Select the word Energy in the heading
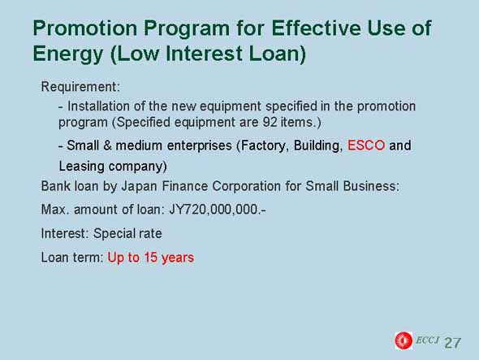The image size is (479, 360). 68,54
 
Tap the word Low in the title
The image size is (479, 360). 138,53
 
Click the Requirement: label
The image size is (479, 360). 80,87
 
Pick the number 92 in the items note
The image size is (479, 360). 270,122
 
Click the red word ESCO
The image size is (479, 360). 366,145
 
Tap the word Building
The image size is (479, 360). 318,146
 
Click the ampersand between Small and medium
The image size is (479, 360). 107,145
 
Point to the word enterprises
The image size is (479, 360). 200,146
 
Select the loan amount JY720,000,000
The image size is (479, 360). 218,210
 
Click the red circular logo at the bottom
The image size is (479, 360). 403,340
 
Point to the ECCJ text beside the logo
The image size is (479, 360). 427,340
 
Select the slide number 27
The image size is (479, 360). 453,343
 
